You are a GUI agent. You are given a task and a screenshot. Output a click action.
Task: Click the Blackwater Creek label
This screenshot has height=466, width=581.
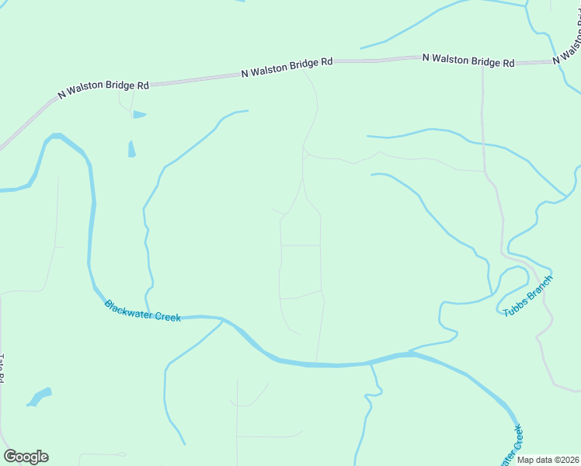(x=142, y=311)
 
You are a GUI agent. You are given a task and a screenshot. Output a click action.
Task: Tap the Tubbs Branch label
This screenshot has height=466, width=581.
(x=528, y=295)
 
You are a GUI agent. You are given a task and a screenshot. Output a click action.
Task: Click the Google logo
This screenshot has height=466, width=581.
(x=26, y=457)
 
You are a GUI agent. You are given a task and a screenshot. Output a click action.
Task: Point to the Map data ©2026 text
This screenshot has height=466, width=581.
(x=548, y=460)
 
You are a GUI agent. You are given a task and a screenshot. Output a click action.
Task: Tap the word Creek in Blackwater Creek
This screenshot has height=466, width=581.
(x=167, y=316)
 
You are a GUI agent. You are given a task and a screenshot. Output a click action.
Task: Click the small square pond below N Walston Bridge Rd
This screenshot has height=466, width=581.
(x=138, y=115)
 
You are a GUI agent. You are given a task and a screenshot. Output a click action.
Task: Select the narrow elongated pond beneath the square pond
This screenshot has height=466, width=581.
(x=131, y=148)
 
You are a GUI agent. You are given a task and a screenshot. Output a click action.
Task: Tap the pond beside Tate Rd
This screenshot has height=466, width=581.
(x=39, y=397)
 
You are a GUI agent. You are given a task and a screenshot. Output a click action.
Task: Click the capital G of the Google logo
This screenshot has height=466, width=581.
(x=10, y=456)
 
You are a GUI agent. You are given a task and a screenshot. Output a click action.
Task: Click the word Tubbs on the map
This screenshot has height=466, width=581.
(x=513, y=307)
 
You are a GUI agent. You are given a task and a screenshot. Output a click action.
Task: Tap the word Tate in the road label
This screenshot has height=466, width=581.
(x=2, y=362)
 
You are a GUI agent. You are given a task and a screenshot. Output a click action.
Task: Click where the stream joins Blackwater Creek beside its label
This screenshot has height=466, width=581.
(x=223, y=319)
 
